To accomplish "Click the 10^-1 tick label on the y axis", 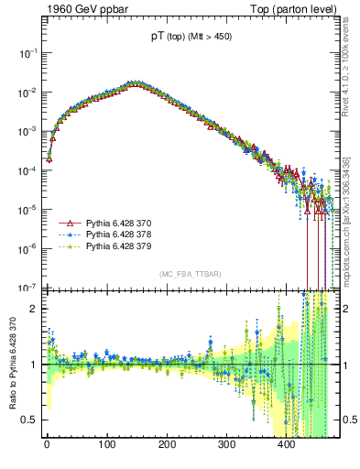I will coord(27,54).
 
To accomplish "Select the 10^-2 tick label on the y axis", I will coord(27,93).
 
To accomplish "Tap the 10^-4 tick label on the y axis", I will coord(27,170).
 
